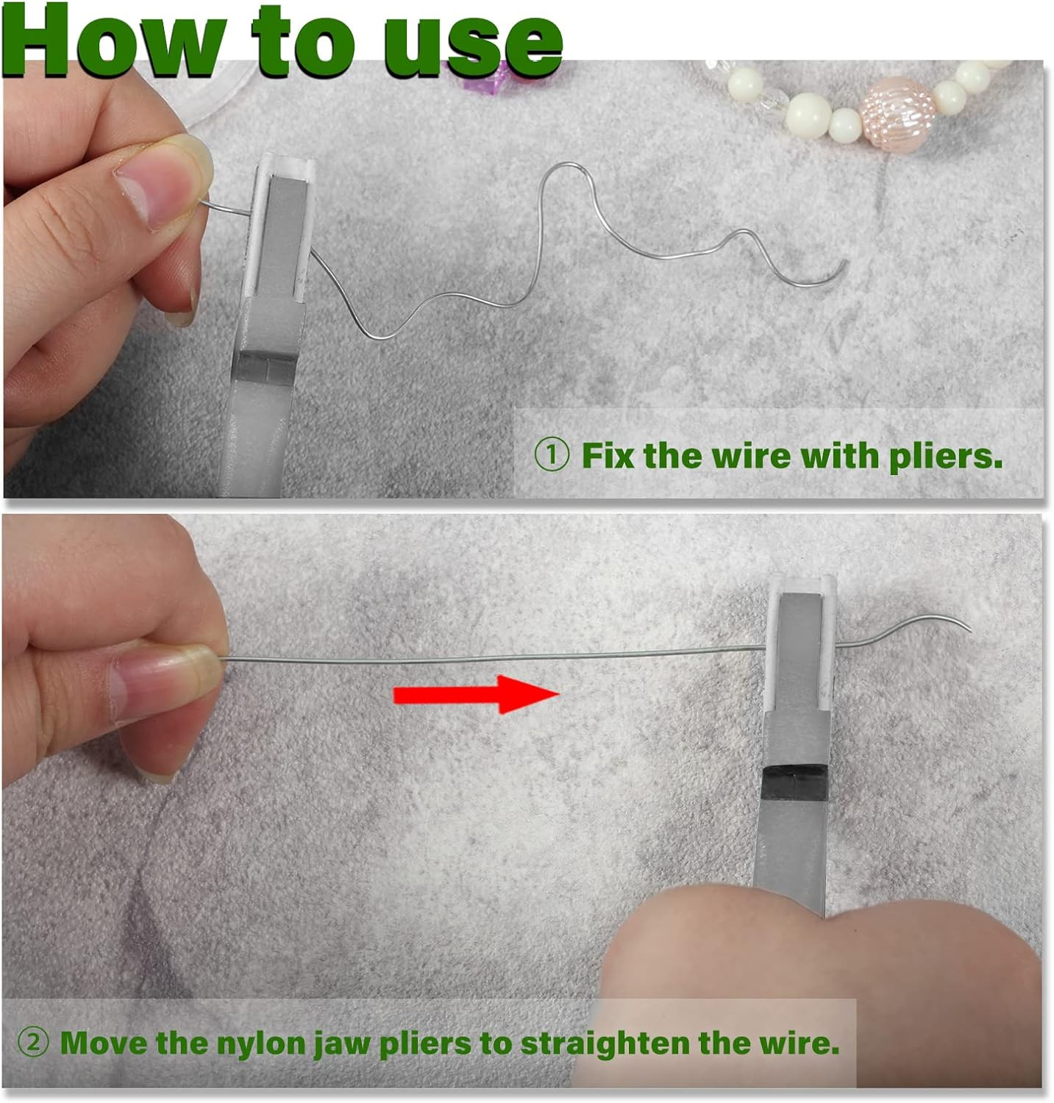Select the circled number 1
(x=551, y=455)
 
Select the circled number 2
(x=34, y=1043)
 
